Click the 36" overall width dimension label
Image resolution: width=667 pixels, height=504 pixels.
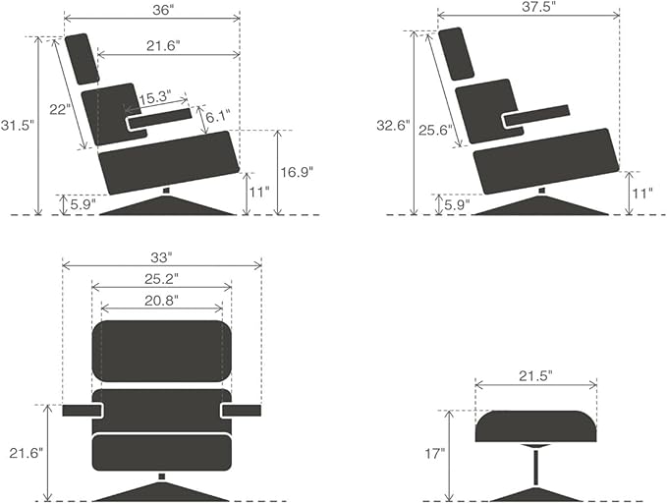click(x=163, y=11)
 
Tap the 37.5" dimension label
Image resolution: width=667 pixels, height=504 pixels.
click(x=538, y=7)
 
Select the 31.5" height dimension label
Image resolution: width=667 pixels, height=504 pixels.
click(x=17, y=126)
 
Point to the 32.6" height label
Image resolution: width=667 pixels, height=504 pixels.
click(x=393, y=126)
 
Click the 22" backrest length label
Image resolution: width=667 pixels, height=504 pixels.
click(x=60, y=109)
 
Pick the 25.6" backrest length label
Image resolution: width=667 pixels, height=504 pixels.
click(x=435, y=130)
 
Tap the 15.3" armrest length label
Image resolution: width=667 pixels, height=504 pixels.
click(x=155, y=97)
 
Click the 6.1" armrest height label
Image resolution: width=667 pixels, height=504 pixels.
click(x=218, y=116)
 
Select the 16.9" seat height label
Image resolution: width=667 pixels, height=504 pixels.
click(x=297, y=172)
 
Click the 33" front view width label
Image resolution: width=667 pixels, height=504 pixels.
click(x=162, y=256)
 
